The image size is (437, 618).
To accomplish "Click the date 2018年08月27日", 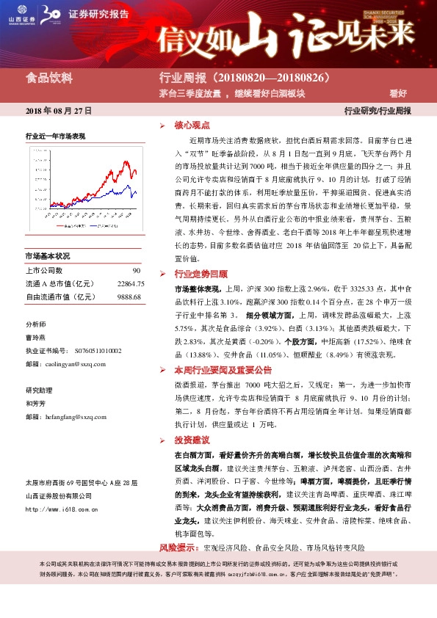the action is tap(58, 111).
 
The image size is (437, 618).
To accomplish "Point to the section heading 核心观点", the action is tap(192, 126).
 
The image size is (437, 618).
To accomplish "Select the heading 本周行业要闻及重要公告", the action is tap(223, 370).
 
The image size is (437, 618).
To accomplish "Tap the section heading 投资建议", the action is tap(192, 440).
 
